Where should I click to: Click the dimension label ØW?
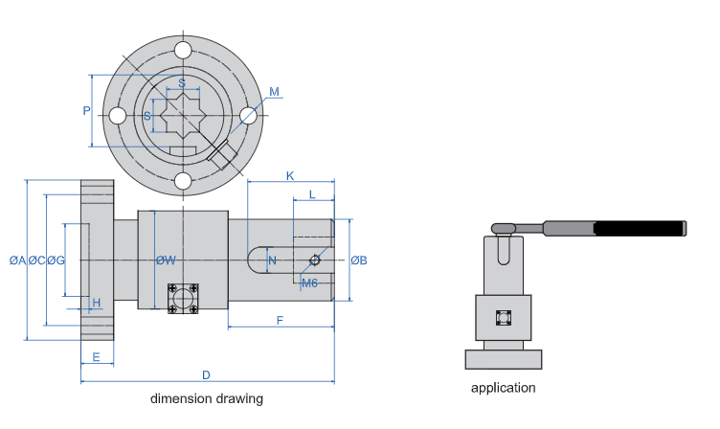tap(166, 260)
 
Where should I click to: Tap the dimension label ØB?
tap(359, 260)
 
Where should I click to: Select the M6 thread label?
tap(308, 282)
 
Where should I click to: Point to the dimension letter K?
tap(290, 175)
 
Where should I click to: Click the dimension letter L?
tap(312, 194)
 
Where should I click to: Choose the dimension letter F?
tap(280, 321)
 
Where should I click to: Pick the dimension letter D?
tap(206, 374)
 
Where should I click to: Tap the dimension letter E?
tap(97, 357)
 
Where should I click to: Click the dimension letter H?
tap(97, 303)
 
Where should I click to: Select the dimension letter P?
tap(86, 111)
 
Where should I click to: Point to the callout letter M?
tap(274, 93)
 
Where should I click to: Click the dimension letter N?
tap(272, 260)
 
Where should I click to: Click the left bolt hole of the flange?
tap(117, 116)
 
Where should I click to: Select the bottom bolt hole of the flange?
tap(182, 181)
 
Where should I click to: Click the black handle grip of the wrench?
tap(640, 228)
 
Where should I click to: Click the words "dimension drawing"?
tap(206, 398)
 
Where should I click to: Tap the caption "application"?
tap(503, 388)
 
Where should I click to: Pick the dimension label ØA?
tap(16, 260)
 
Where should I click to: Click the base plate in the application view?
tap(503, 359)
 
